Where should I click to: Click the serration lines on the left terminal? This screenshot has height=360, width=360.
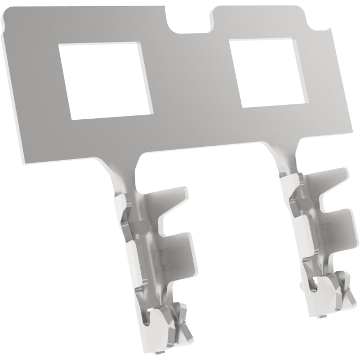[161, 255]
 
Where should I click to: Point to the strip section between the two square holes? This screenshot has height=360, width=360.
[190, 77]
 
